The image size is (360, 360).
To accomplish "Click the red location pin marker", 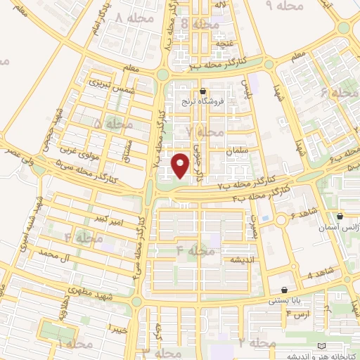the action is click(x=181, y=165).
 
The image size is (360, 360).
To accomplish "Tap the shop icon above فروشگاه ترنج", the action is click(x=203, y=91).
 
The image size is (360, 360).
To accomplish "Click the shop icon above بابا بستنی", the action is click(x=284, y=289).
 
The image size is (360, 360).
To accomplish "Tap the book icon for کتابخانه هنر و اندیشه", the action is click(x=323, y=347).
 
